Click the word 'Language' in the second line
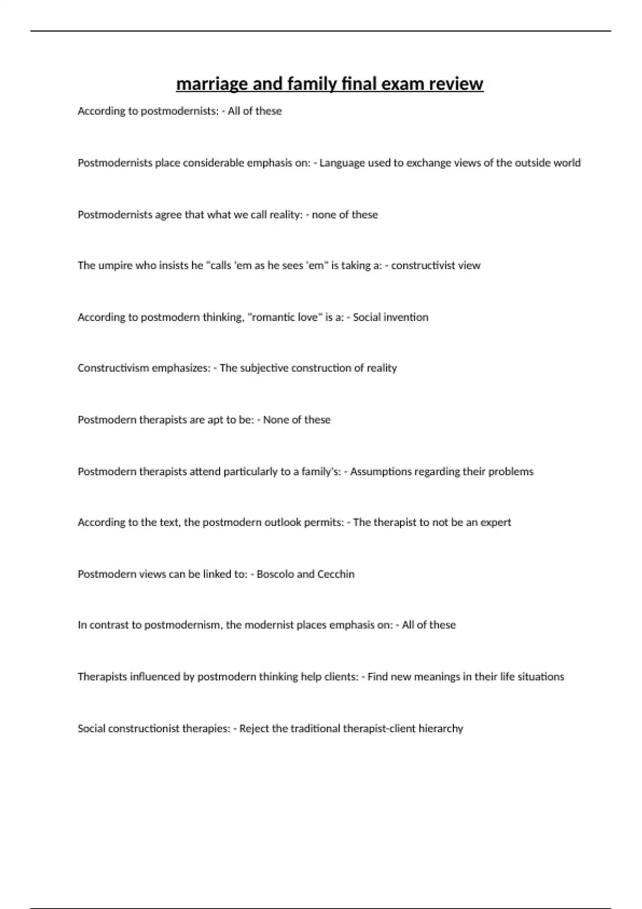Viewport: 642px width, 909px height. [x=341, y=163]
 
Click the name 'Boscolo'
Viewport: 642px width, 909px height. [x=275, y=574]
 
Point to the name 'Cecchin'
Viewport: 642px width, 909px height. [x=336, y=574]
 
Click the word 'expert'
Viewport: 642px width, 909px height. [x=496, y=522]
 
